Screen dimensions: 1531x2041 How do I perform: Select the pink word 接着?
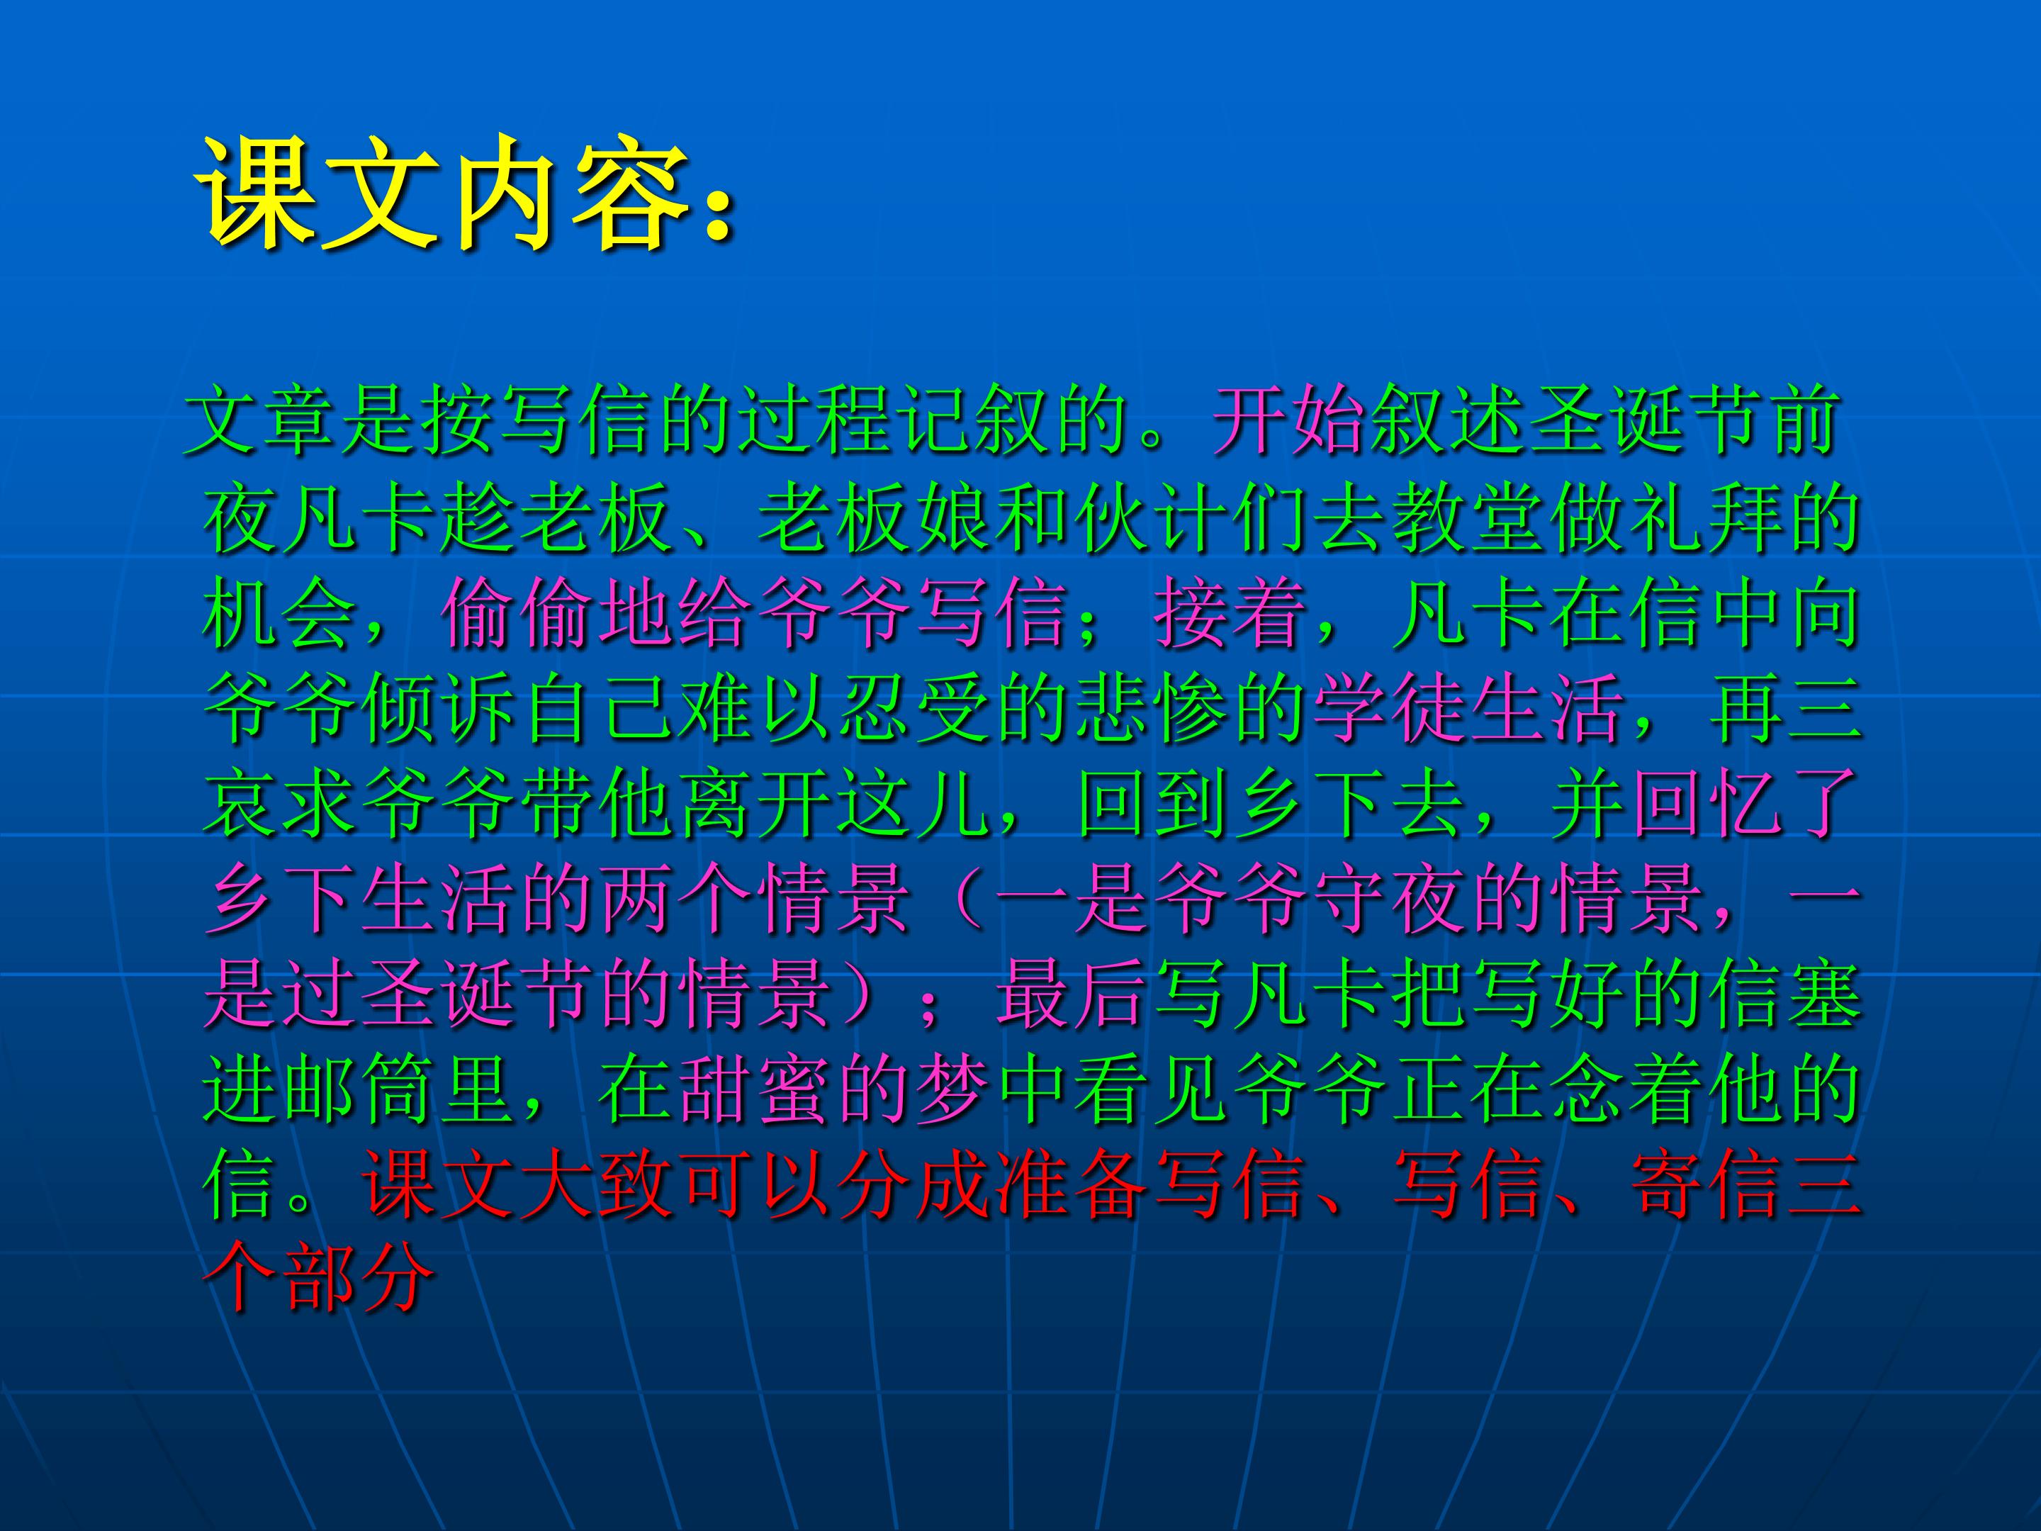pos(1232,614)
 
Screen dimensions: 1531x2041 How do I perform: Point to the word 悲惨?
pos(1152,711)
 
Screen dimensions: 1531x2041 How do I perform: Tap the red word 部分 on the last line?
pos(361,1284)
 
